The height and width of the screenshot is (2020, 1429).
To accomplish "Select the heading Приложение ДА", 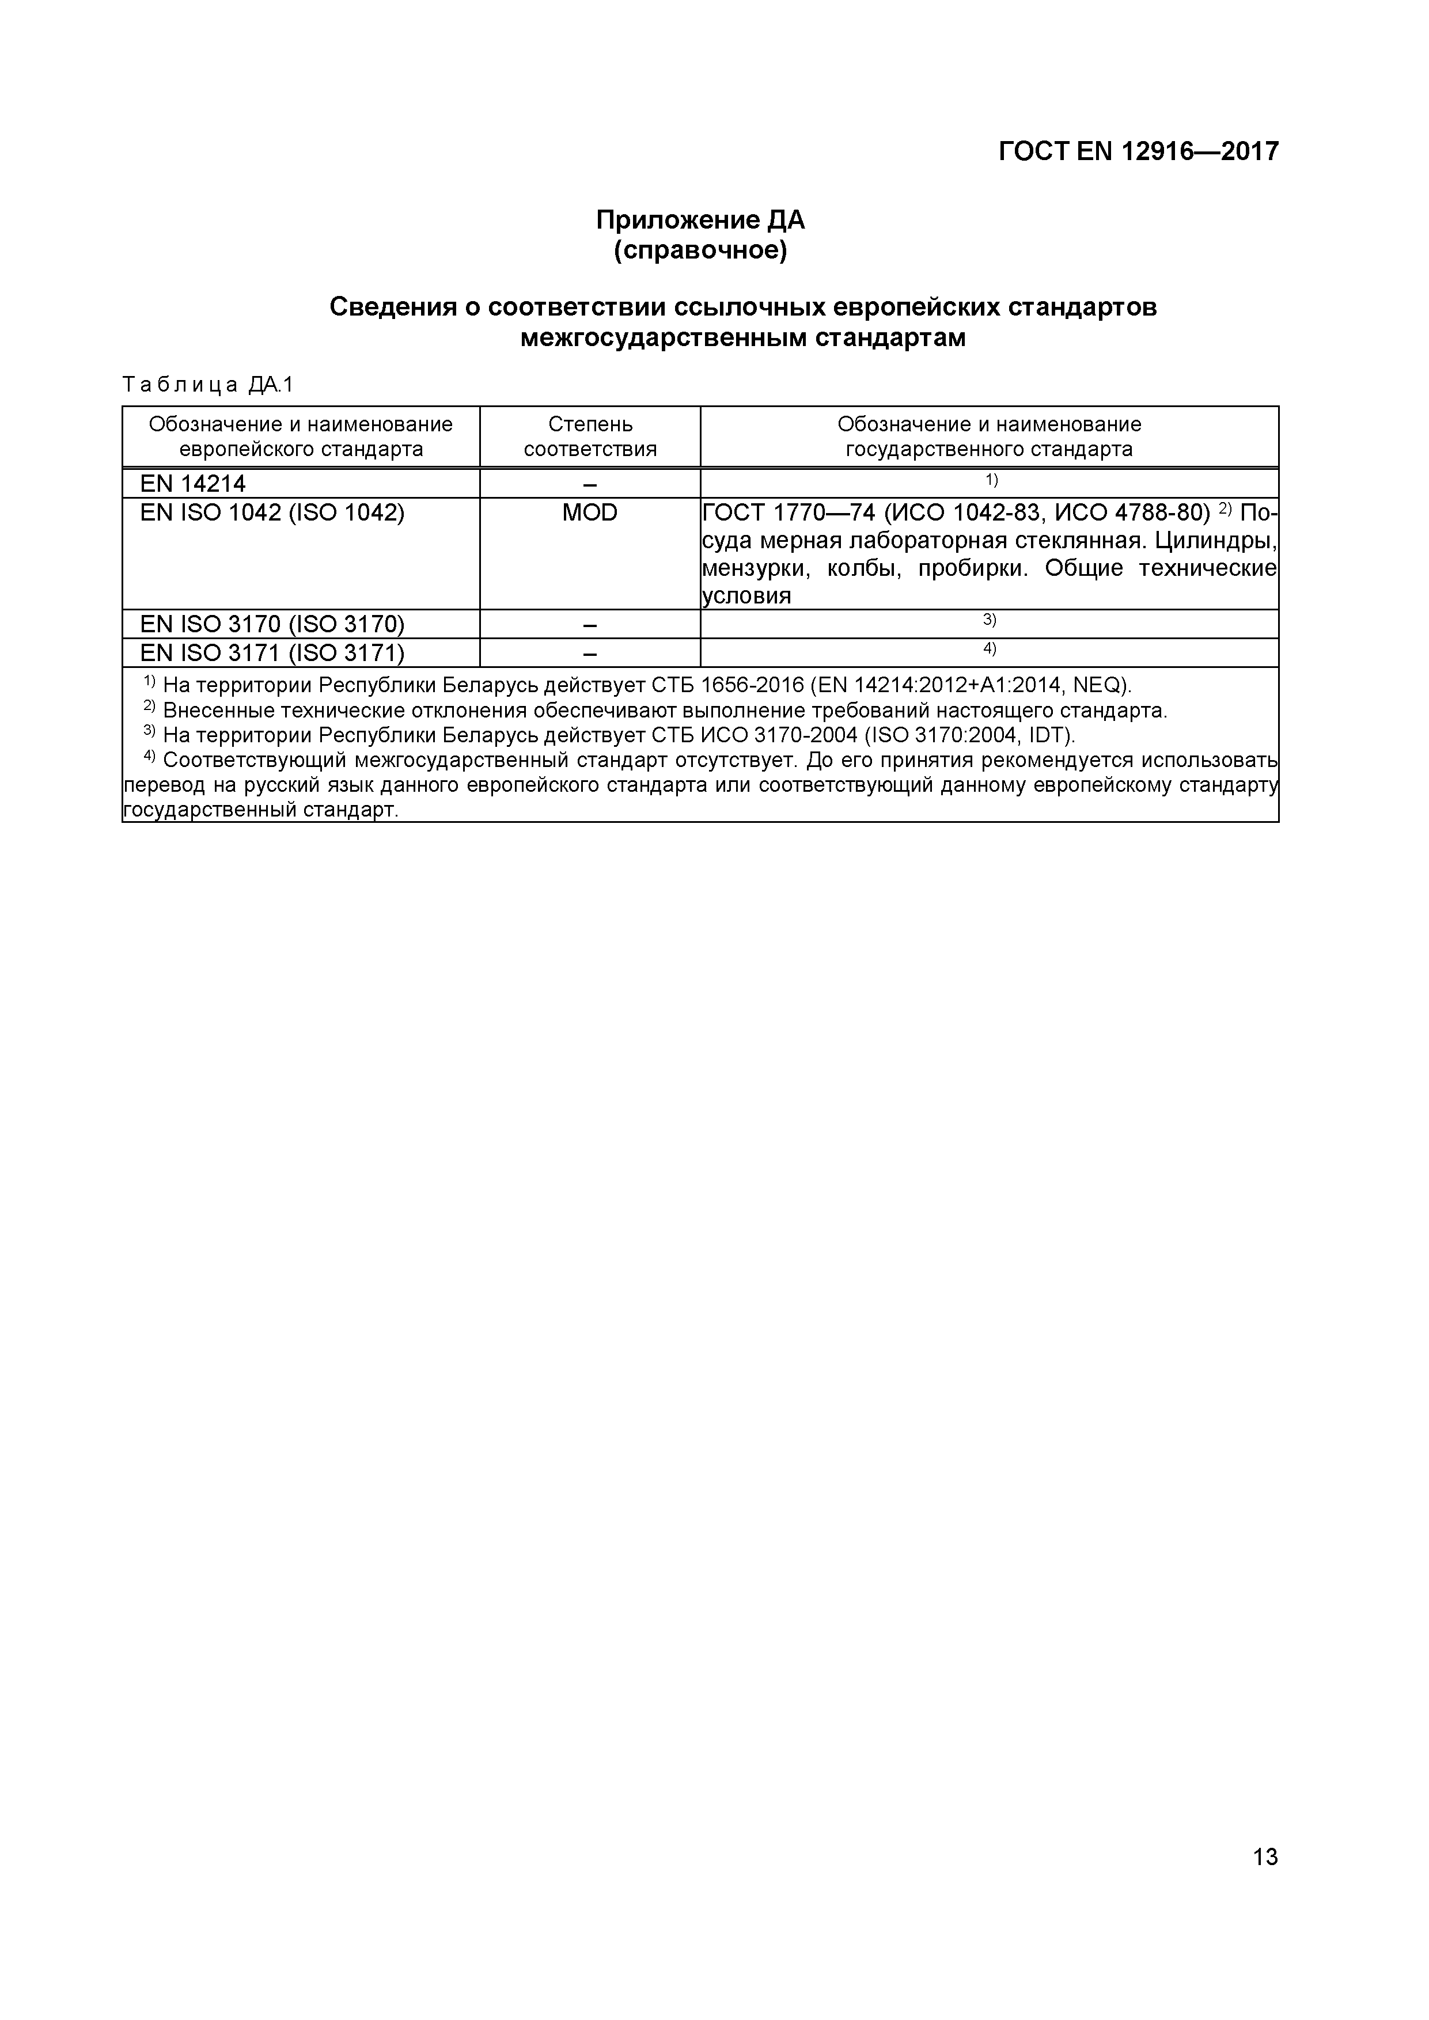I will pos(700,220).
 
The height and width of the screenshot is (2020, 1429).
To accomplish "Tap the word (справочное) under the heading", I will pos(700,250).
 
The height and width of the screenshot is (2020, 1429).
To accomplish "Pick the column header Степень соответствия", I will pos(590,436).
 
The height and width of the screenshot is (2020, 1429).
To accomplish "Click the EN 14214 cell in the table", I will pos(193,483).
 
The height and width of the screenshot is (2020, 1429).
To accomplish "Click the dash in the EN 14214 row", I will pos(590,484).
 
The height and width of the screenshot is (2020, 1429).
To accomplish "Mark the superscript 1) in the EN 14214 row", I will pos(991,480).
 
